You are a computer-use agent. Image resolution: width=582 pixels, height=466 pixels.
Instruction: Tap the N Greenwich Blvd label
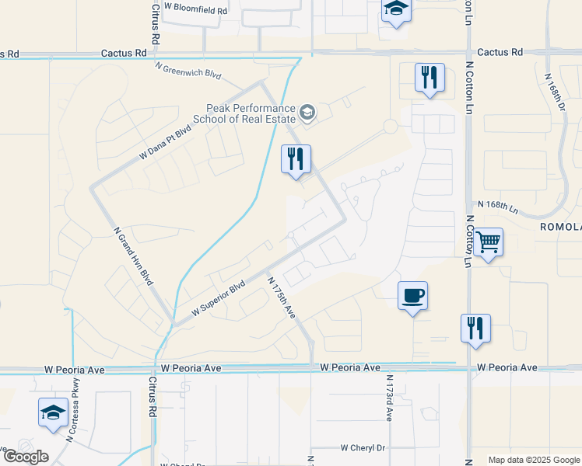(188, 71)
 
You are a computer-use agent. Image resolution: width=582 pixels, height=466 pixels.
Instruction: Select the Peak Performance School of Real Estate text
(251, 113)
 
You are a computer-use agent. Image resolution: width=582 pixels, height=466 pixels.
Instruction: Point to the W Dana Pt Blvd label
(165, 144)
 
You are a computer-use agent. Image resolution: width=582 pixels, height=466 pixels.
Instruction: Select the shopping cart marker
(488, 243)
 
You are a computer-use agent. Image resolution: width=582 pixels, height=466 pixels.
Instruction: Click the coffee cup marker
(412, 296)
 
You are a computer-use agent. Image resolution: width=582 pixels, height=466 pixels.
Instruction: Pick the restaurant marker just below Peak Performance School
(296, 159)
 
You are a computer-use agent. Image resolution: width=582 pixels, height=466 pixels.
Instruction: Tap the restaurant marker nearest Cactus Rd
(429, 78)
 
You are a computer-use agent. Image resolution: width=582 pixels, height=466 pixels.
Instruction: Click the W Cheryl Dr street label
(363, 448)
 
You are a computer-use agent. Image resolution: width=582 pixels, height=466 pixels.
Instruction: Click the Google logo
(25, 456)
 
